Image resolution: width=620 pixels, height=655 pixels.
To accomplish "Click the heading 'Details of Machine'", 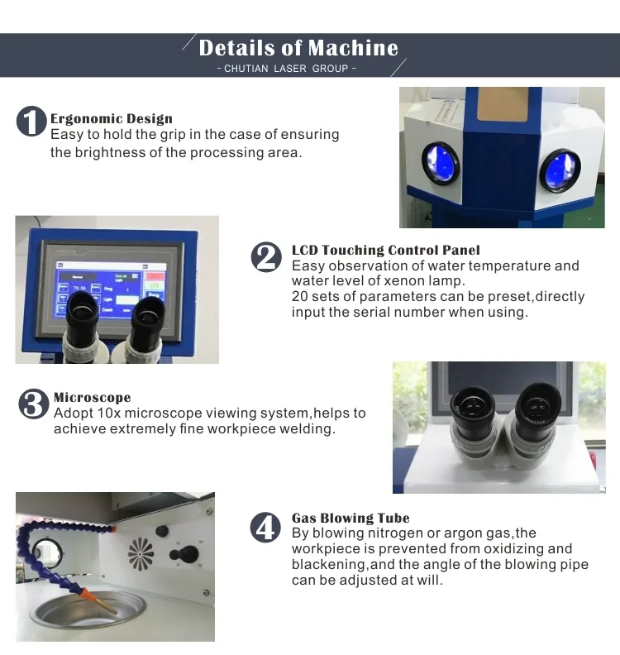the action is [298, 48].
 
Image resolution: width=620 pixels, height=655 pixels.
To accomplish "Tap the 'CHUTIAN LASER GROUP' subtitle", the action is [286, 69].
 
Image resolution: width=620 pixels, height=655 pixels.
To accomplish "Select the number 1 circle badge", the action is [31, 121].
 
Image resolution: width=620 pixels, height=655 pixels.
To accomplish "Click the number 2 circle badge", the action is [266, 257].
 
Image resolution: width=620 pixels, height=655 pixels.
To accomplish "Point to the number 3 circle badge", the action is [34, 404].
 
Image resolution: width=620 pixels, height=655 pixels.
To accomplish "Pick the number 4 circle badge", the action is [265, 527].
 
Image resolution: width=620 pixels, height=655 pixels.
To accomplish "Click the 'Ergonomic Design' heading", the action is [112, 118].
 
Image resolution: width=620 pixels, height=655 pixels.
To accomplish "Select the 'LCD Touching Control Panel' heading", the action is [386, 250].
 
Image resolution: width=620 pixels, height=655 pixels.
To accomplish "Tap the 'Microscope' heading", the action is [93, 397].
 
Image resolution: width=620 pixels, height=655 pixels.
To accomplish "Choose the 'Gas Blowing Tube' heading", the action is [351, 518].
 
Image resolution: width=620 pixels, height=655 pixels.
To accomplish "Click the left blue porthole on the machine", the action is [441, 163].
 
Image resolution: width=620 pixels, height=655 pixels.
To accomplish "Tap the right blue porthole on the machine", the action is [560, 170].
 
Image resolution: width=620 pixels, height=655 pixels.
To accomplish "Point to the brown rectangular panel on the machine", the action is [501, 104].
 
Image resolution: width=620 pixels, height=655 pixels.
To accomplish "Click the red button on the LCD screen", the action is [155, 276].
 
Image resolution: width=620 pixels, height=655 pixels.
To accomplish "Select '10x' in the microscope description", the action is [108, 414].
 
